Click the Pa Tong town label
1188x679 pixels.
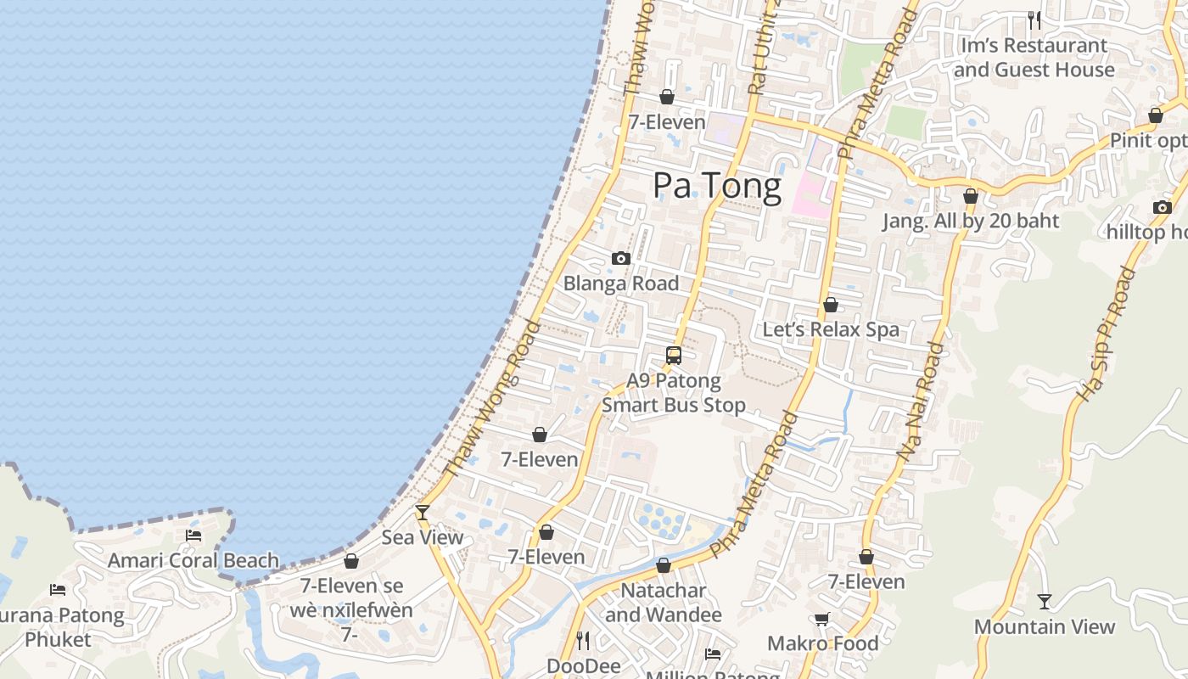(x=717, y=186)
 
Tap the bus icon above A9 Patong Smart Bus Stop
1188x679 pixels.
(x=674, y=356)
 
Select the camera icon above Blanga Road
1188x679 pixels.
(x=621, y=258)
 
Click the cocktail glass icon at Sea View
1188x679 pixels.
(x=422, y=512)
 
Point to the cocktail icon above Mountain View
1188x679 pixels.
(x=1045, y=602)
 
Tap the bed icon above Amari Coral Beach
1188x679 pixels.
(x=193, y=536)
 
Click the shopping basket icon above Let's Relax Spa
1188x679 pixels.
(x=831, y=305)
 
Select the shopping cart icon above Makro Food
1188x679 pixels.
(x=821, y=619)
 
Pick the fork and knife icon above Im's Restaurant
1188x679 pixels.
(x=1034, y=20)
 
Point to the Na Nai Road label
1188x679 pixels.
(x=922, y=401)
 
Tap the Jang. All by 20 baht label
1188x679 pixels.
(x=971, y=221)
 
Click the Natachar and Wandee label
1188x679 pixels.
(x=664, y=602)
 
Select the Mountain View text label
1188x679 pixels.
(x=1044, y=626)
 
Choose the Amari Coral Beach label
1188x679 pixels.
(x=193, y=560)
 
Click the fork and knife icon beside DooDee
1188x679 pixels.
(x=582, y=640)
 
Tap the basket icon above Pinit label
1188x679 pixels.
(x=1155, y=115)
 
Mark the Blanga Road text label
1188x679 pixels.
(x=621, y=283)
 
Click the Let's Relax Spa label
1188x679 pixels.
(x=831, y=329)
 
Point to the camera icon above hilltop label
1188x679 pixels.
(x=1162, y=207)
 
